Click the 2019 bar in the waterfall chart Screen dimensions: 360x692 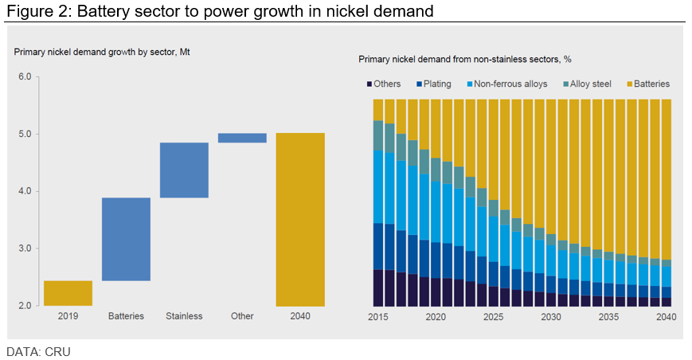[68, 293]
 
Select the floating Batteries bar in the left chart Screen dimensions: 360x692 [126, 239]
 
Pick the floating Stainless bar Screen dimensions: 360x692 [184, 170]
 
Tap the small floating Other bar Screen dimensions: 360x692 [242, 138]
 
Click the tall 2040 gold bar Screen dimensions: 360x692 [300, 219]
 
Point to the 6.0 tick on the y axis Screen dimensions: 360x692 [24, 76]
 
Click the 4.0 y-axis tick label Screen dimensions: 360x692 [24, 191]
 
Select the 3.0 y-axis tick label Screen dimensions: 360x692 [24, 248]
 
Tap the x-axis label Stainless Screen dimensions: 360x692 [184, 316]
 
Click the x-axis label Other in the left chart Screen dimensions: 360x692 [242, 316]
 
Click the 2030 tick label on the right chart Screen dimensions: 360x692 [551, 316]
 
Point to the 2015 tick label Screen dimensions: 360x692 [377, 316]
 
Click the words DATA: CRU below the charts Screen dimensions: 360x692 [38, 351]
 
